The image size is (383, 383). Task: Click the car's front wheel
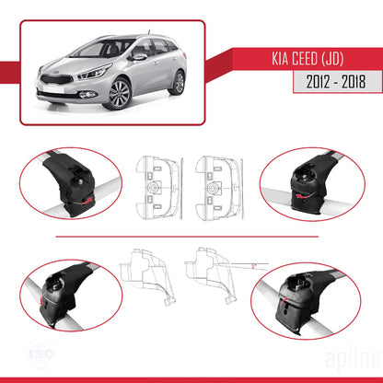(120, 95)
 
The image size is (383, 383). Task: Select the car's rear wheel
(176, 82)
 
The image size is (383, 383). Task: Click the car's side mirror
(139, 57)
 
